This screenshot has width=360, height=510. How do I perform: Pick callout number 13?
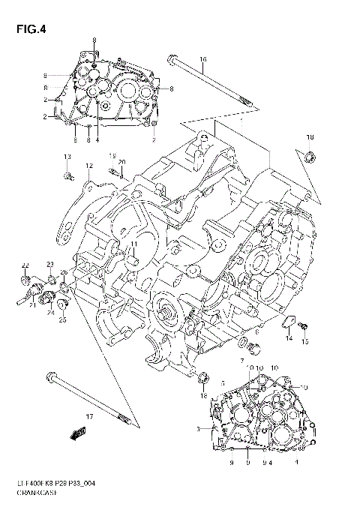tap(66, 155)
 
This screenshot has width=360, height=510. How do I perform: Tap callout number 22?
tap(24, 265)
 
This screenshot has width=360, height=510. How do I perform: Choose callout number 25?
tap(63, 319)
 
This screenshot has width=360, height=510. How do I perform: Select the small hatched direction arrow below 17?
tap(75, 433)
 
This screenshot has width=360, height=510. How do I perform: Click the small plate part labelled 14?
tap(286, 324)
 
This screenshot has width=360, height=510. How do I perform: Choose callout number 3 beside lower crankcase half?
tap(197, 429)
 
